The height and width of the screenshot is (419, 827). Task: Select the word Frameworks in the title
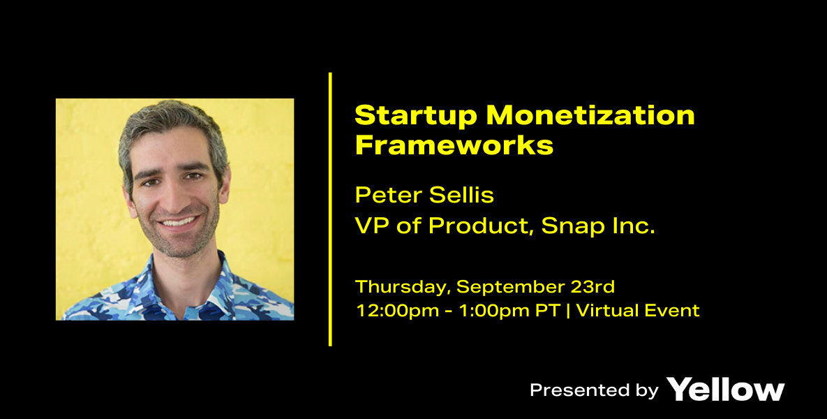[454, 145]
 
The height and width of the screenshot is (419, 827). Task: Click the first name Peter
[388, 196]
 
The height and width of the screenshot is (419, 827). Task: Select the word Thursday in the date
[403, 287]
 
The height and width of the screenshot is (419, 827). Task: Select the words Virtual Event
[638, 310]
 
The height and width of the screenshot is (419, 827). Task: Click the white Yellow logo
[725, 390]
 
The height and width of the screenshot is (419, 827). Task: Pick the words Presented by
[594, 390]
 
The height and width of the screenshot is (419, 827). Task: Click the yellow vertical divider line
[330, 209]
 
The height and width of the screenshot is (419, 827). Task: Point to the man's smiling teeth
[178, 221]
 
